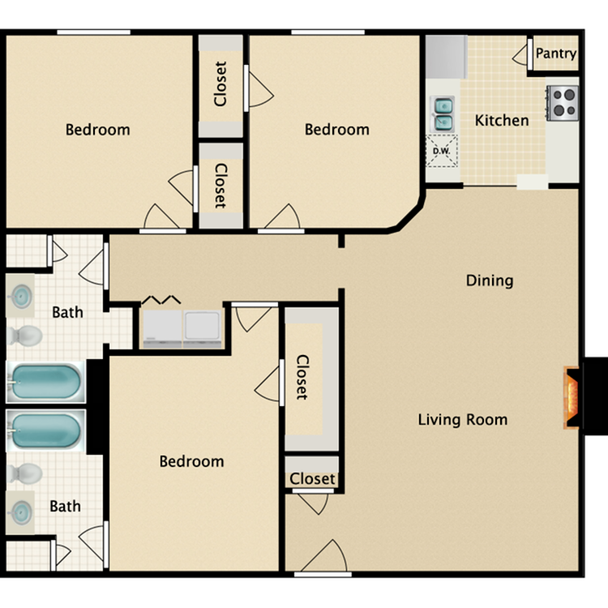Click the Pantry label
pos(555,54)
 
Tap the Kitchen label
pos(502,120)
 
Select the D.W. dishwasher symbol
pos(442,151)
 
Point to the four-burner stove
pos(563,103)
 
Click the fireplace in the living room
pos(572,397)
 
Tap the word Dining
pos(490,280)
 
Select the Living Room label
pos(463,420)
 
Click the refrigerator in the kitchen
pos(447,57)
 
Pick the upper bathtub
pos(45,382)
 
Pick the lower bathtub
pos(45,430)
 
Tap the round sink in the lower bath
pos(20,512)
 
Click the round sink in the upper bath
pos(20,296)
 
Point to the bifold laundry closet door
pos(161,300)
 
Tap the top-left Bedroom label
pos(98,130)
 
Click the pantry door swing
pos(520,54)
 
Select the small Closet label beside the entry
pos(312,479)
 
